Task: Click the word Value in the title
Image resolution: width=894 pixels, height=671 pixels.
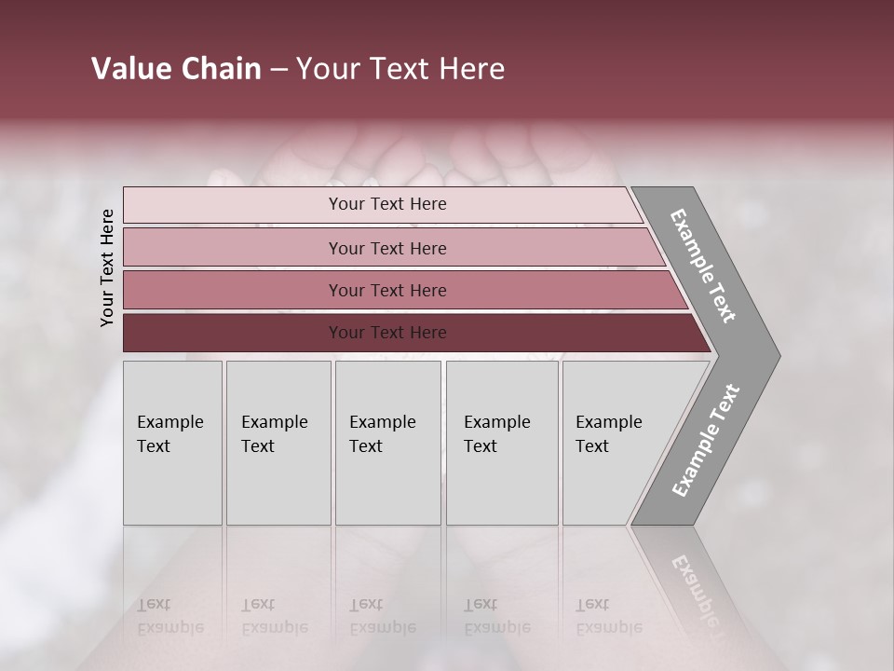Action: (x=129, y=69)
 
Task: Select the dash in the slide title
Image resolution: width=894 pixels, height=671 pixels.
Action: (x=278, y=70)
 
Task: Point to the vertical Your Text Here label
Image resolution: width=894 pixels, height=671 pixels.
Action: (x=107, y=267)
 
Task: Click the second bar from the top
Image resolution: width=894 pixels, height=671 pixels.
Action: (x=386, y=248)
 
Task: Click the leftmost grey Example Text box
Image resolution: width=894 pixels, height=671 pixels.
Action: (x=172, y=443)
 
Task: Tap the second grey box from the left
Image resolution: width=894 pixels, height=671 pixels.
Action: (x=278, y=443)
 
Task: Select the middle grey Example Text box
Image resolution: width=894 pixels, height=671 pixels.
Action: (x=387, y=443)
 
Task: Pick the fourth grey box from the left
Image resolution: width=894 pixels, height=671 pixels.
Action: (x=502, y=443)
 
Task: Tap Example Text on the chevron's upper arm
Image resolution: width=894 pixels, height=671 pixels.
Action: (x=703, y=266)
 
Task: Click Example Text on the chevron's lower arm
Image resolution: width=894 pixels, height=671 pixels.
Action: (x=706, y=440)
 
